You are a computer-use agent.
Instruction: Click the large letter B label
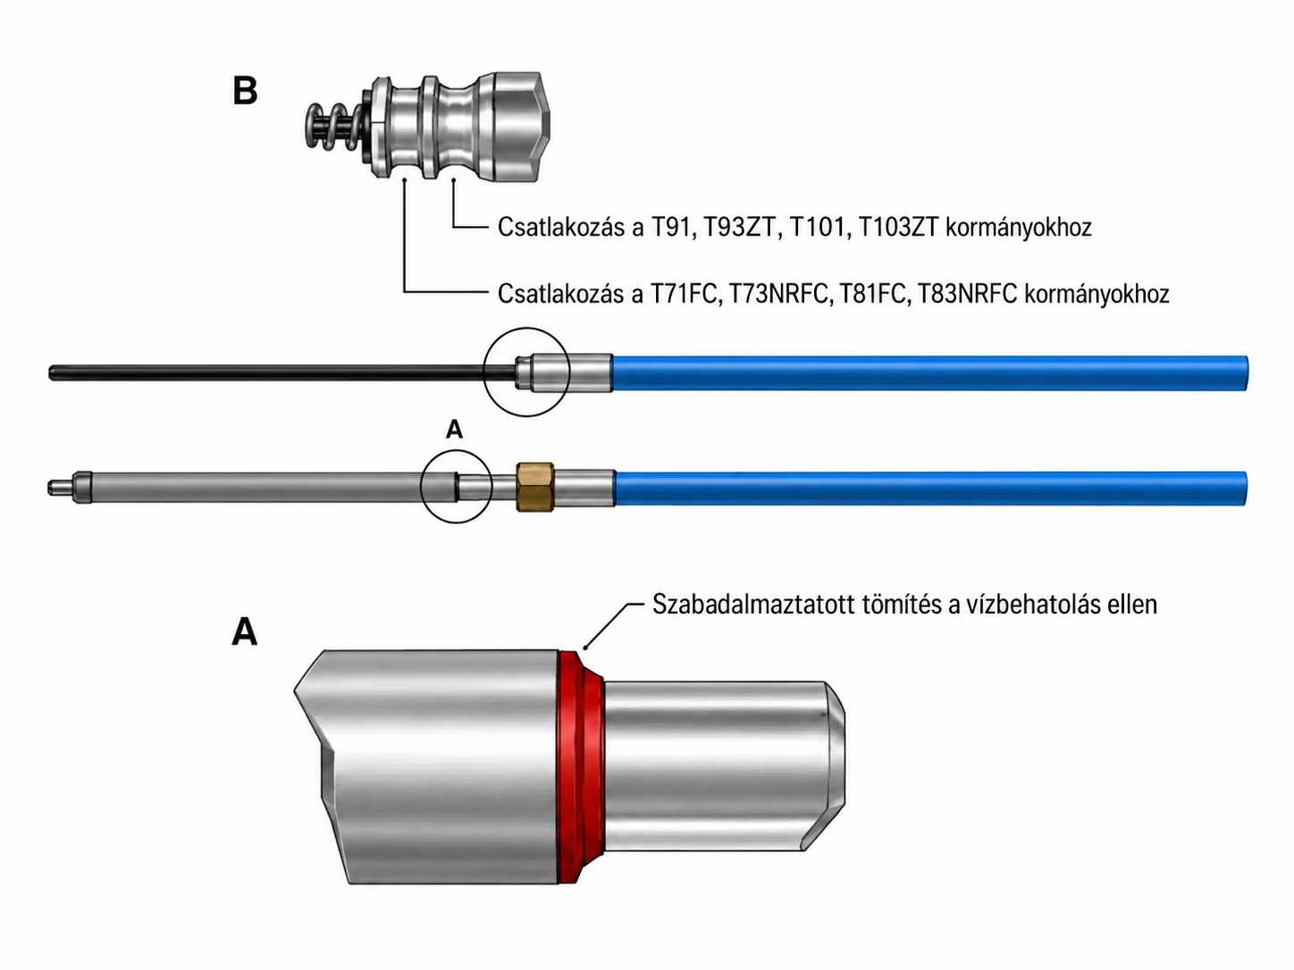245,92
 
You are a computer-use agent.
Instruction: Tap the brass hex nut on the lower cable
534,487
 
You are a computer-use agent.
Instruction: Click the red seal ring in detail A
581,768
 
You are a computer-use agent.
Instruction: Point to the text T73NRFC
779,294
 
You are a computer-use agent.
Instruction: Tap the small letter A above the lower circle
454,430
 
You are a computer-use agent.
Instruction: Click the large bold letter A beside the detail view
245,633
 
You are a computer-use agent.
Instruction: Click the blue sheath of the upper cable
929,372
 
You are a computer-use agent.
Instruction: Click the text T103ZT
898,228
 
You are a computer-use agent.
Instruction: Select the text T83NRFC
968,294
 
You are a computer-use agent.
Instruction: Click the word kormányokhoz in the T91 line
1019,228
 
